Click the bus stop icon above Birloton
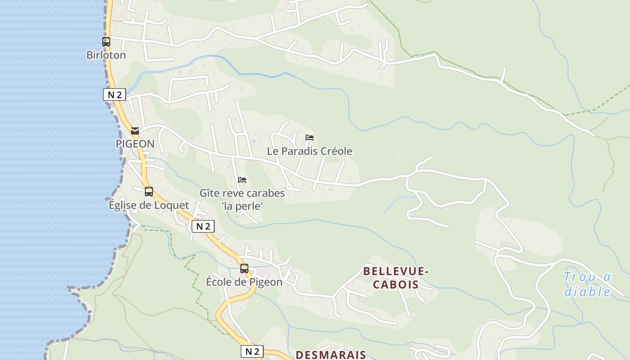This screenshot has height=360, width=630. (106, 42)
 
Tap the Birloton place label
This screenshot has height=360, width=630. (106, 55)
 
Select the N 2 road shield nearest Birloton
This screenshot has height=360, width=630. (114, 94)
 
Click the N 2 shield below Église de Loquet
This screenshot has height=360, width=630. (203, 226)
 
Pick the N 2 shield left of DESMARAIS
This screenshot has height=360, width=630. (252, 351)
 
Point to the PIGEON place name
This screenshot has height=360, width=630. (135, 144)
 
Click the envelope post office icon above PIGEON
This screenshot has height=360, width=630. (135, 131)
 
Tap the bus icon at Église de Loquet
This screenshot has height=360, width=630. (149, 192)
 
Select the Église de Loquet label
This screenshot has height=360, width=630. (149, 205)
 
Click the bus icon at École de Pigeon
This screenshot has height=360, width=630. (244, 269)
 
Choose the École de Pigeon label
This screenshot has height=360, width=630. (244, 282)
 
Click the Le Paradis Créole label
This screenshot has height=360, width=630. (310, 151)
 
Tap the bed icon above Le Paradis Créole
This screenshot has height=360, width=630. (309, 138)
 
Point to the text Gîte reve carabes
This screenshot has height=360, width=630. (242, 193)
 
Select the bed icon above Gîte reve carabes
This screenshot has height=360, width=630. (242, 180)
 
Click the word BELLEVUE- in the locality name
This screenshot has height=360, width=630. (396, 271)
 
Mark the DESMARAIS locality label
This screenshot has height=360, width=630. (331, 355)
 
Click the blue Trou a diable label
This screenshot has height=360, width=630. (587, 284)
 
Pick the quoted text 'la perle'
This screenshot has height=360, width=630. (242, 206)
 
